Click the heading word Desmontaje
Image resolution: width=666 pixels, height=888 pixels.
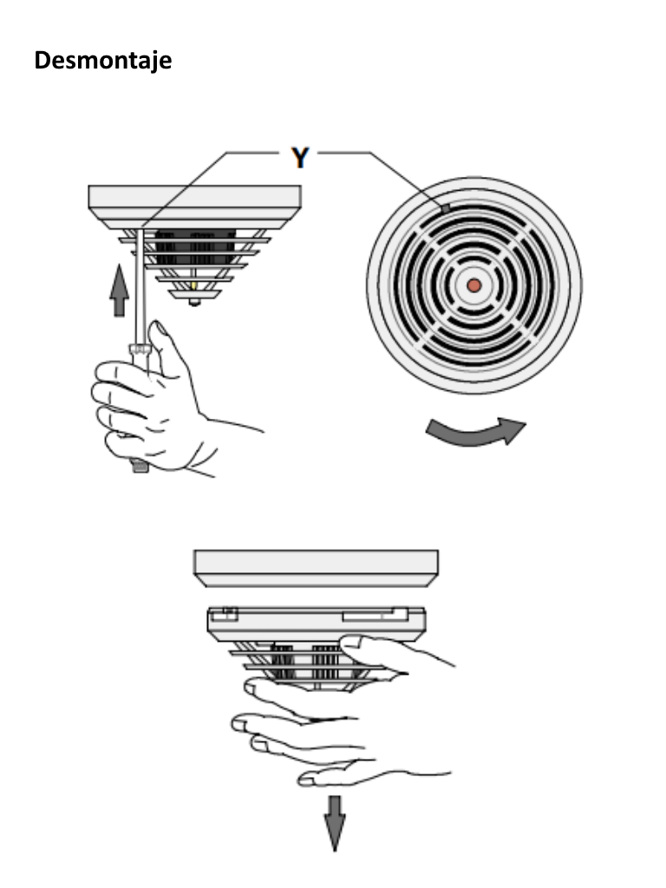click(102, 62)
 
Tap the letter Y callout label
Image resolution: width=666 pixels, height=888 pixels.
click(300, 158)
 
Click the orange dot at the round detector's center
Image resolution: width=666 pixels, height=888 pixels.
click(473, 284)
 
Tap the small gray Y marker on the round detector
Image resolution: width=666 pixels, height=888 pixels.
click(445, 208)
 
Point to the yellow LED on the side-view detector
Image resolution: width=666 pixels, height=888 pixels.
click(193, 285)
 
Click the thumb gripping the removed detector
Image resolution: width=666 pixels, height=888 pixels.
click(373, 646)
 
